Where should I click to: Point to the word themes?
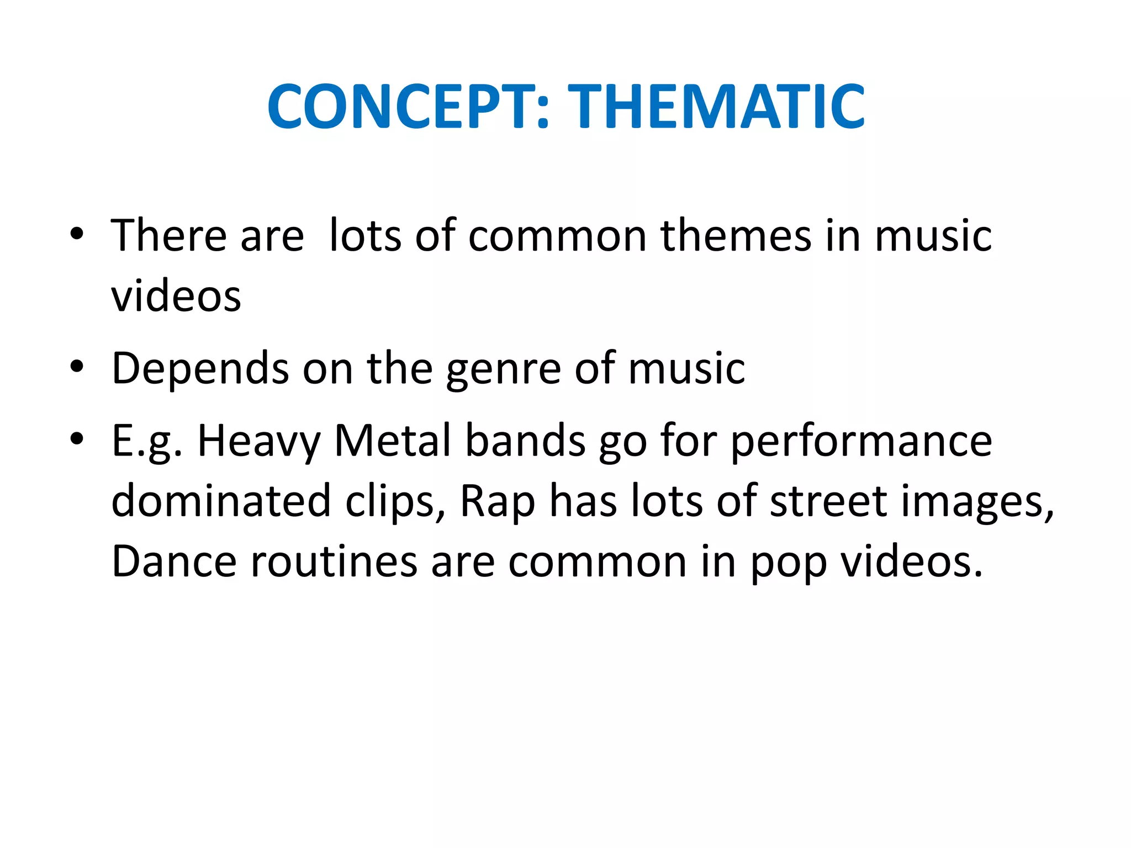pos(736,236)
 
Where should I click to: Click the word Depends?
pos(200,369)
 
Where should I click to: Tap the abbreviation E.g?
pos(147,442)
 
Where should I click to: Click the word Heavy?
pos(258,442)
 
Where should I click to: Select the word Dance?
pos(175,561)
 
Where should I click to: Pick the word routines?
pos(334,561)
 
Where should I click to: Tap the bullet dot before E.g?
pos(77,438)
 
